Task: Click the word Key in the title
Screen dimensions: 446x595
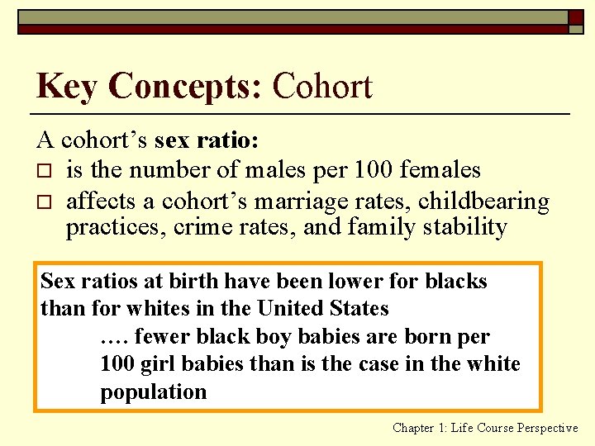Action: (67, 86)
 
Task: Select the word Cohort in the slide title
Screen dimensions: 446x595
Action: (322, 86)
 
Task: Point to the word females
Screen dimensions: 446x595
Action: (440, 170)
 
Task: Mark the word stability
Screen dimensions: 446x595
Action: (464, 226)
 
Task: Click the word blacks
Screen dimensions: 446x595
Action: (456, 281)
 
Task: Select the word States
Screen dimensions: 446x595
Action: (359, 309)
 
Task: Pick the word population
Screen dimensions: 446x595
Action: (154, 391)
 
